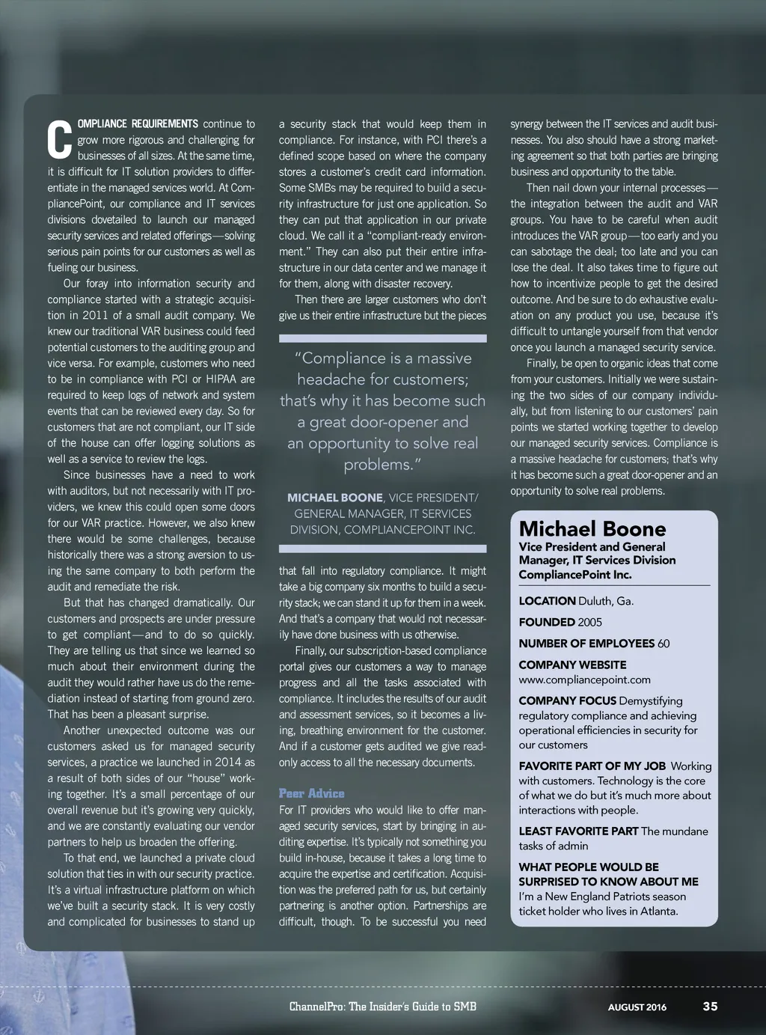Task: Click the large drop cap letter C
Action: pyautogui.click(x=60, y=140)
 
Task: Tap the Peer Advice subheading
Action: pyautogui.click(x=311, y=793)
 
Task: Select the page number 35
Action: pyautogui.click(x=710, y=1006)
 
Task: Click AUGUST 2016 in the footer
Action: pyautogui.click(x=637, y=1007)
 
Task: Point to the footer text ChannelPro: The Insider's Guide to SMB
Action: pyautogui.click(x=382, y=1006)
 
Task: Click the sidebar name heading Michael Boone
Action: pyautogui.click(x=592, y=528)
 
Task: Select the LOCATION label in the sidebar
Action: pyautogui.click(x=547, y=601)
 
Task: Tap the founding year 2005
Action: pyautogui.click(x=589, y=622)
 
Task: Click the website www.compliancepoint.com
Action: pyautogui.click(x=584, y=680)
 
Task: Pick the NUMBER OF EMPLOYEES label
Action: pyautogui.click(x=586, y=644)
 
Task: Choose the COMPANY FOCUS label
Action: pyautogui.click(x=567, y=701)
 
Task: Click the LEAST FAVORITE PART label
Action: pyautogui.click(x=578, y=831)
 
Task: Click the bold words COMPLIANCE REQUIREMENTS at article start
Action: pyautogui.click(x=138, y=123)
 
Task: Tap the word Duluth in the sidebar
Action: pyautogui.click(x=595, y=601)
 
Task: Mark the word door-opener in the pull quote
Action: pyautogui.click(x=383, y=422)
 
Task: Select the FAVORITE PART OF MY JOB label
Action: pyautogui.click(x=592, y=766)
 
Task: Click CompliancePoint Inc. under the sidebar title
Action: pyautogui.click(x=574, y=575)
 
